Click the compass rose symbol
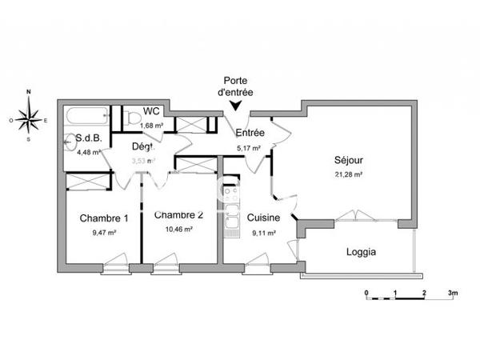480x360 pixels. pos(30,121)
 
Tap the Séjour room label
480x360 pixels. pos(348,158)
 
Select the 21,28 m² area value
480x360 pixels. pos(348,174)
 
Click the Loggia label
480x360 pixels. pos(361,252)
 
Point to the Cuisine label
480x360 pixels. pos(262,218)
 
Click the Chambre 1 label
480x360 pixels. pos(103,218)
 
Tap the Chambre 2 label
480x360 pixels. pos(179,214)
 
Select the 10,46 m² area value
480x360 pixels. pos(179,229)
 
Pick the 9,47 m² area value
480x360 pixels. pos(104,233)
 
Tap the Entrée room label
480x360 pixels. pos(250,134)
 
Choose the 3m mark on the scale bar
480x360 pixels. pos(452,293)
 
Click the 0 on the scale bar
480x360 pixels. pos(366,293)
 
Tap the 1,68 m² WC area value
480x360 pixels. pos(152,126)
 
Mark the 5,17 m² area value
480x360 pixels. pos(249,148)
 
